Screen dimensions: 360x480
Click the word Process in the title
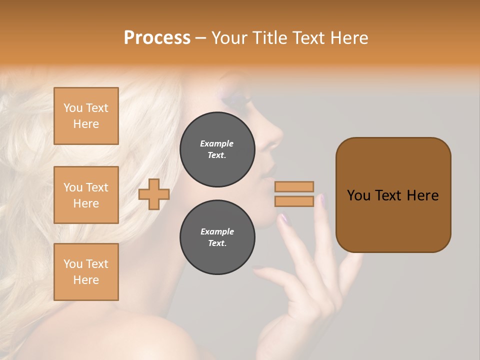tap(157, 38)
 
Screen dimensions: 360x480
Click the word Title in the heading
tap(270, 38)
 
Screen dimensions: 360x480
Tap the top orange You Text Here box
tap(86, 116)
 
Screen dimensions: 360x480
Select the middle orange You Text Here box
tap(86, 195)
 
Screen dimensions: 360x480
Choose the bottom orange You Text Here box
tap(86, 272)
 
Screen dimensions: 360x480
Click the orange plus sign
tap(154, 194)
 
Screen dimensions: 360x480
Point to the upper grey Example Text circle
tap(217, 149)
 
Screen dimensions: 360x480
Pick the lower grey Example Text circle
tap(217, 237)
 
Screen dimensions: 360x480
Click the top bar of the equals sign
tap(294, 186)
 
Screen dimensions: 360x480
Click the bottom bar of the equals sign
tap(294, 201)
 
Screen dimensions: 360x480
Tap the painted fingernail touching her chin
tap(284, 218)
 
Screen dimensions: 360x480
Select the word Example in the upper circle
tap(217, 143)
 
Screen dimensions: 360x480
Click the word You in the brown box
tap(358, 195)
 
